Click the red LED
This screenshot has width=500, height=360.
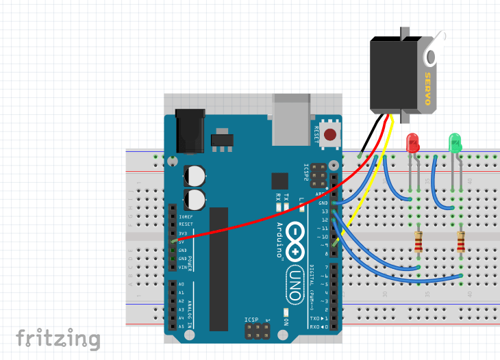pos(413,143)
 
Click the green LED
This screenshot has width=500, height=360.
pos(455,142)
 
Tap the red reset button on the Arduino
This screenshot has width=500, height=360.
pos(332,135)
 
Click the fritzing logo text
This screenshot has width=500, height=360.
pos(58,339)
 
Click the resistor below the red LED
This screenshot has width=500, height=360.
pos(418,242)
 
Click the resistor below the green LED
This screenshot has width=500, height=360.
pos(461,242)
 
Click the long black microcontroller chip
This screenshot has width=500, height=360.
pos(219,267)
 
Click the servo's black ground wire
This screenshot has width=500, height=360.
pos(369,138)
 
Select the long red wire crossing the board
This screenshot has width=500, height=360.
pos(274,216)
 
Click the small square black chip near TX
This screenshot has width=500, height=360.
pos(279,181)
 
